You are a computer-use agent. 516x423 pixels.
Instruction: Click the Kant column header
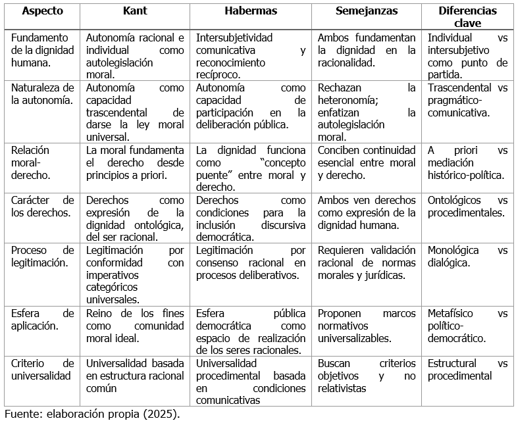[134, 11]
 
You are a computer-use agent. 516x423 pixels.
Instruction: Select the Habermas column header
[251, 11]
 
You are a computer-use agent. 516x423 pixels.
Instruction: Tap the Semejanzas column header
[366, 11]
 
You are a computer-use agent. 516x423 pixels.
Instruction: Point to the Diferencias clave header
[467, 17]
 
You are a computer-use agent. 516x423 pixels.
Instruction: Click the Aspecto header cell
[42, 11]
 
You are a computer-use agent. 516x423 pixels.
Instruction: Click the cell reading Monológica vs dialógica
[467, 257]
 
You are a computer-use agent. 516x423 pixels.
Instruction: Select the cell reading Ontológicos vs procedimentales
[467, 207]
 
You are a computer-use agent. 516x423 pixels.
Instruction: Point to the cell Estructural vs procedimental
[467, 370]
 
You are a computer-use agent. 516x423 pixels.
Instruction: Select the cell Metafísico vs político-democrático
[467, 326]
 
